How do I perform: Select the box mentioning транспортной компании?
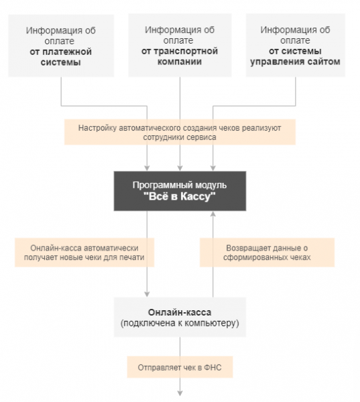(180, 46)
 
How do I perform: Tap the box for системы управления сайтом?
(295, 46)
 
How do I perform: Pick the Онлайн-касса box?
(180, 318)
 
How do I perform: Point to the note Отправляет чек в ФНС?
(180, 366)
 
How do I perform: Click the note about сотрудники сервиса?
(180, 132)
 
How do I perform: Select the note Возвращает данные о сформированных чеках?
(266, 252)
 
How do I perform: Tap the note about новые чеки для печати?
(84, 252)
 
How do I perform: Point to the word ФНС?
(213, 367)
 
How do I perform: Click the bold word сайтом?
(324, 62)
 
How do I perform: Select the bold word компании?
(180, 62)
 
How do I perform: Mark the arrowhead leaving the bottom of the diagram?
(180, 395)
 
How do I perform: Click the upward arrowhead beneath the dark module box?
(213, 214)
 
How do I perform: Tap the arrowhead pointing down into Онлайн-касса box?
(147, 293)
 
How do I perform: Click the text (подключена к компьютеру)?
(180, 324)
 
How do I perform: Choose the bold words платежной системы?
(60, 56)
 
